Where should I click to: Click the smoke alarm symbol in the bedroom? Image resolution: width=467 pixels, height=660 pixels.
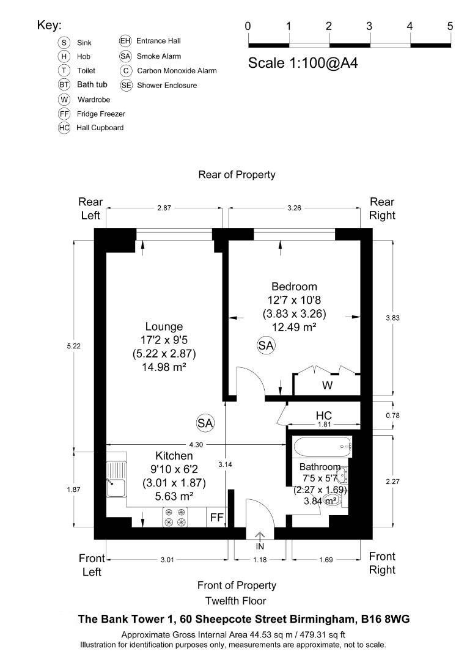pyautogui.click(x=266, y=345)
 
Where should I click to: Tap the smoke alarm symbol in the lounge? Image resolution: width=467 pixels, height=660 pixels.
pyautogui.click(x=205, y=422)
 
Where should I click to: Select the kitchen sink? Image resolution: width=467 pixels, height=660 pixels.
pyautogui.click(x=116, y=480)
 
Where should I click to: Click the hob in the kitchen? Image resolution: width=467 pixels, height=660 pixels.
pyautogui.click(x=174, y=517)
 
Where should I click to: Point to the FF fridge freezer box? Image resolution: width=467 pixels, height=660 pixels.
pyautogui.click(x=216, y=518)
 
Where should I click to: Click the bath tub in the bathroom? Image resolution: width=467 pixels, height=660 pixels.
pyautogui.click(x=323, y=447)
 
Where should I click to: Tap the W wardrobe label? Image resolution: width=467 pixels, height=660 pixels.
pyautogui.click(x=327, y=386)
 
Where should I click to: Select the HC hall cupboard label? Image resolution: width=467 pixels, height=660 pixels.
pyautogui.click(x=323, y=416)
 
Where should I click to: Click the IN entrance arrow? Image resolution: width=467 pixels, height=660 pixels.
pyautogui.click(x=260, y=538)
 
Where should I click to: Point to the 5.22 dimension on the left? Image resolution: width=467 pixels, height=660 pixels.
pyautogui.click(x=75, y=346)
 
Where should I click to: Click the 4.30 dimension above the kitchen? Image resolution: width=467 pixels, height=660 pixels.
pyautogui.click(x=196, y=444)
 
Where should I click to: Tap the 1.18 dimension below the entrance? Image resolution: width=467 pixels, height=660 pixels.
pyautogui.click(x=260, y=559)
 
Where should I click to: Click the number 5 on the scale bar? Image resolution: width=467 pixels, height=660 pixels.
pyautogui.click(x=450, y=26)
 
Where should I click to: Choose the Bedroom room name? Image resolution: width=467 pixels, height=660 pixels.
pyautogui.click(x=294, y=287)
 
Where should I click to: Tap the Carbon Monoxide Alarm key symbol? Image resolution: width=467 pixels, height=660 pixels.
pyautogui.click(x=125, y=71)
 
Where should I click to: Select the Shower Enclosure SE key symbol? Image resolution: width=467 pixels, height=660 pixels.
pyautogui.click(x=126, y=86)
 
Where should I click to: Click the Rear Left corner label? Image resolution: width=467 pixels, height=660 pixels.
pyautogui.click(x=89, y=208)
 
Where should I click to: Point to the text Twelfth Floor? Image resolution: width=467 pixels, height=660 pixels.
pyautogui.click(x=236, y=600)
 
